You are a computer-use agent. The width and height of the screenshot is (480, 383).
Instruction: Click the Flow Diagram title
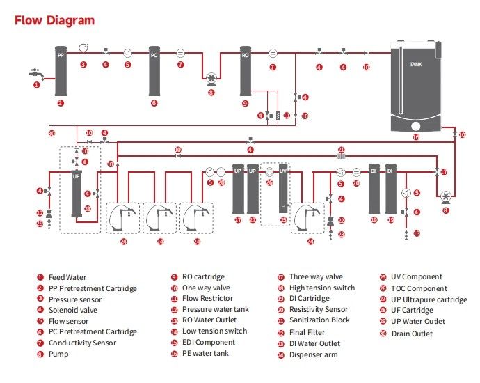click(54, 20)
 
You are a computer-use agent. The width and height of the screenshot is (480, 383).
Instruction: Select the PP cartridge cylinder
click(60, 72)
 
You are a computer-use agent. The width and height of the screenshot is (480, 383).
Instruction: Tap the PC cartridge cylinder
click(154, 71)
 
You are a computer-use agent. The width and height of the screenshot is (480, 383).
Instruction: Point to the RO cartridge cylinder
click(245, 71)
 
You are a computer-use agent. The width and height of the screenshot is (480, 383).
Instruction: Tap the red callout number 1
click(37, 85)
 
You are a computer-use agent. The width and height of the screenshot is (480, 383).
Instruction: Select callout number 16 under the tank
click(416, 137)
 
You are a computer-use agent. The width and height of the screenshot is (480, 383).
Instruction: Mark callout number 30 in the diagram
click(51, 132)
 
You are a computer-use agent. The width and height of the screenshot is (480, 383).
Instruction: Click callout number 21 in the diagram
click(341, 149)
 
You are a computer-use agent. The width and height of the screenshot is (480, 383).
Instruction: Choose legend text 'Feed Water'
click(68, 277)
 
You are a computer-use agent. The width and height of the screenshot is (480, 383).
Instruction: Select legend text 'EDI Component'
click(209, 343)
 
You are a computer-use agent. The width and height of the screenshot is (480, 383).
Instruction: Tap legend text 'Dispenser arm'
click(313, 354)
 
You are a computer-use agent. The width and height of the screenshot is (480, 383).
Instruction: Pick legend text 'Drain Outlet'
click(413, 333)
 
